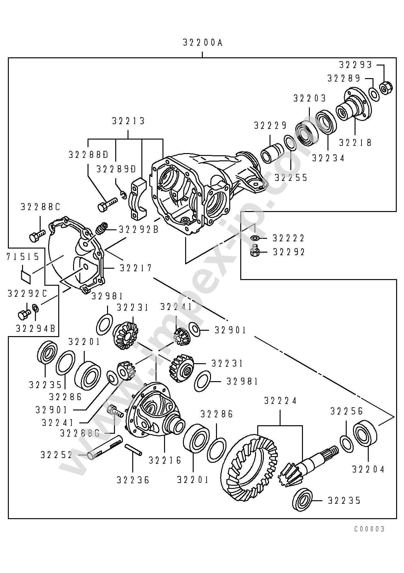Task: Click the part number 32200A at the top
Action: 202,43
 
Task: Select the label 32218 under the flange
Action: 355,143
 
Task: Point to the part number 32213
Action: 128,121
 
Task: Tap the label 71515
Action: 23,257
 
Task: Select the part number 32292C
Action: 27,294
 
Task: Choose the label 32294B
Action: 36,329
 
